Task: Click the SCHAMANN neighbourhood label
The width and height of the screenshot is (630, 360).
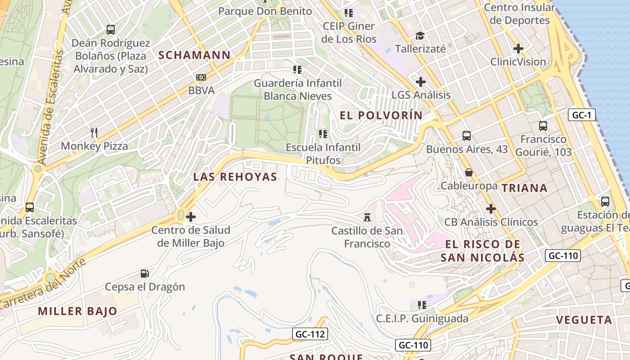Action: [194, 55]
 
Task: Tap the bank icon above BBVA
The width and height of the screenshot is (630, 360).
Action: [201, 77]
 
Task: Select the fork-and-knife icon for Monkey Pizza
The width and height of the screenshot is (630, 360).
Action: [94, 133]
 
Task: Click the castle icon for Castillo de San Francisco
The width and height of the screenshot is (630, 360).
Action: [367, 218]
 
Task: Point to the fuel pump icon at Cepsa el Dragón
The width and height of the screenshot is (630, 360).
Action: [145, 273]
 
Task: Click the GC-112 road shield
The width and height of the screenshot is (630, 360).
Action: [310, 334]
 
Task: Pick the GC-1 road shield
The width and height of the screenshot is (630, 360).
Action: [581, 115]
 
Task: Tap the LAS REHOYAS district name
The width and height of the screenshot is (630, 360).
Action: [235, 177]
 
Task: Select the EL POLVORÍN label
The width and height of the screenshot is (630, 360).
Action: [381, 116]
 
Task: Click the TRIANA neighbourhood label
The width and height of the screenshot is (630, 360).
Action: [524, 188]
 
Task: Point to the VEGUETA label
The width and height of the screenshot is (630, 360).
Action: [584, 320]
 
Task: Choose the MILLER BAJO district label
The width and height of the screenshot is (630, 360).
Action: [77, 311]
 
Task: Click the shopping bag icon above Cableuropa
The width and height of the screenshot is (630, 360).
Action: [469, 172]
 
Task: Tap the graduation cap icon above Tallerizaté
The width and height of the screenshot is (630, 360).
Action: [420, 35]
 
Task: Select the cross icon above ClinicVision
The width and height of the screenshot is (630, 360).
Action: [518, 48]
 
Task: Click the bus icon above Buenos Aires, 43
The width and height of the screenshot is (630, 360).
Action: [467, 135]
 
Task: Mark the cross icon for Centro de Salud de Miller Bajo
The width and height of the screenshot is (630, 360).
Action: [191, 217]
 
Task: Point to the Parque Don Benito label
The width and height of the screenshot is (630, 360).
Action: [265, 11]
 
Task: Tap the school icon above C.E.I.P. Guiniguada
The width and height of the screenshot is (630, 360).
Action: [422, 305]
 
